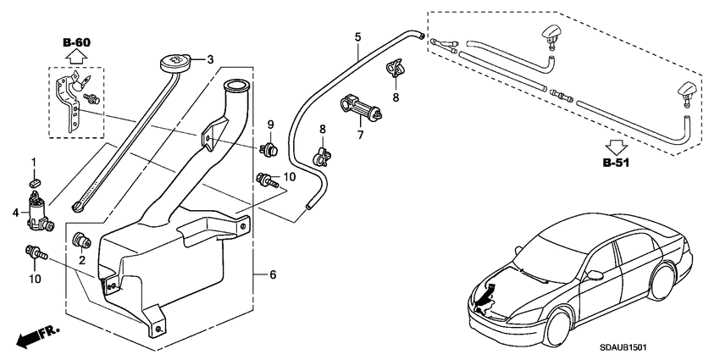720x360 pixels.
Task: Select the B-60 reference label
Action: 76,42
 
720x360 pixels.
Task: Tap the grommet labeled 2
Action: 82,240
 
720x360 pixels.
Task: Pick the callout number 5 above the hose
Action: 357,37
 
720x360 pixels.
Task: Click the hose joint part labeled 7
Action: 359,110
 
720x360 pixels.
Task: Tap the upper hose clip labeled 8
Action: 396,68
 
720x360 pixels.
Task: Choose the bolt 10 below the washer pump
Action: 36,252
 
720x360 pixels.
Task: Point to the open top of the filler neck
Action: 235,85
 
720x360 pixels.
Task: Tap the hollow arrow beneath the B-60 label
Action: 76,58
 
